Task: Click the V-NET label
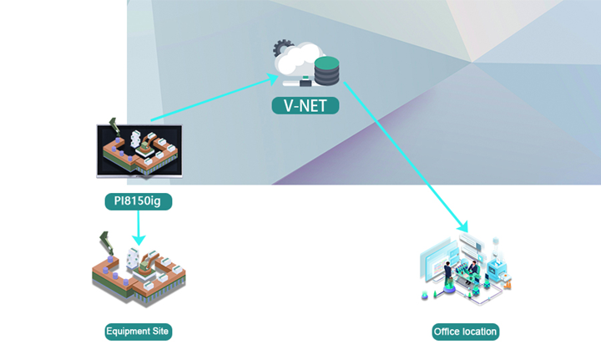tap(306, 105)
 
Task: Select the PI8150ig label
tap(139, 201)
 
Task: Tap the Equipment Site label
tap(139, 332)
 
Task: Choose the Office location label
tap(465, 332)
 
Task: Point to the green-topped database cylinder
tap(326, 71)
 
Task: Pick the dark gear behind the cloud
tap(282, 47)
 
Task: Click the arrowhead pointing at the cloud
tap(273, 79)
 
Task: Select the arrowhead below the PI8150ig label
tap(139, 240)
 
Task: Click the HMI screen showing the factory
tap(139, 151)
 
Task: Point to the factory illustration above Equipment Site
tap(139, 269)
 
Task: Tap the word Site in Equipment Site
tap(159, 332)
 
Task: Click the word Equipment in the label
tap(128, 332)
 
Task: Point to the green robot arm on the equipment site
tap(106, 243)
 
